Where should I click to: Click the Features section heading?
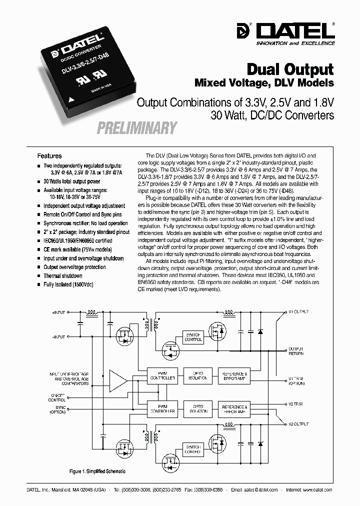49,156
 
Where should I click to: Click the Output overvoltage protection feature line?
74,267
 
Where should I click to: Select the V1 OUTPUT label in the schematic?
298,311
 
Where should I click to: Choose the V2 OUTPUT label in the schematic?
298,423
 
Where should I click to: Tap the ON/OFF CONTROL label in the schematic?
57,398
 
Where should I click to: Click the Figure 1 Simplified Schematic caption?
97,471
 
